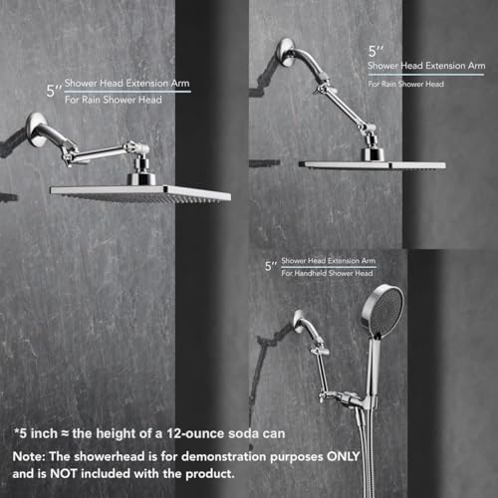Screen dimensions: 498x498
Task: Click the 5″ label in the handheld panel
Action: (x=270, y=266)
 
